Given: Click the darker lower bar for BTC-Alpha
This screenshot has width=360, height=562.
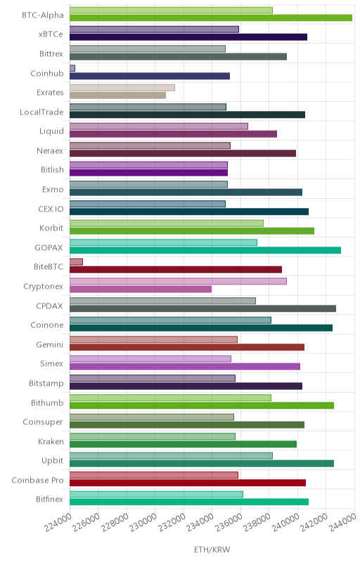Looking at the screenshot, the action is [211, 18].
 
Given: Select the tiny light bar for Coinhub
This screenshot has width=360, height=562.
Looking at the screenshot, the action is [72, 68].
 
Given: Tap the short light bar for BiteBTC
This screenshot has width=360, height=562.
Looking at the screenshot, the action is [76, 261].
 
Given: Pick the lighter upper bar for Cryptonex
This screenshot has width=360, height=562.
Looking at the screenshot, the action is [178, 281].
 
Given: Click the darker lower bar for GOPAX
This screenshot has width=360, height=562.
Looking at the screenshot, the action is [205, 250].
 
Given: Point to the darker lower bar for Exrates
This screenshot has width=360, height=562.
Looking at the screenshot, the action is [117, 96].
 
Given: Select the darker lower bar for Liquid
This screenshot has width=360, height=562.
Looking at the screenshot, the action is [173, 134].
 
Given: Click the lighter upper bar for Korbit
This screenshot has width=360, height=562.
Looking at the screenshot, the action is [167, 223].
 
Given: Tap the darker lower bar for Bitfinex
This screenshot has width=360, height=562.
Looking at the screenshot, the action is [189, 502].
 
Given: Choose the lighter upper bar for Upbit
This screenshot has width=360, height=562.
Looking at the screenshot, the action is [171, 455].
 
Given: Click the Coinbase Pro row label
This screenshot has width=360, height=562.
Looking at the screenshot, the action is [37, 480].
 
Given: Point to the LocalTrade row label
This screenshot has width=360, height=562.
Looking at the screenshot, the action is [41, 112].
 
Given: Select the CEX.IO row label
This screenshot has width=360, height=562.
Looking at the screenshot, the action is [51, 209].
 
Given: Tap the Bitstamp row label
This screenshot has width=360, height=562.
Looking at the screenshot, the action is [46, 383].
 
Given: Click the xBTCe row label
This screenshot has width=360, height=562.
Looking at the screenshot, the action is [51, 34].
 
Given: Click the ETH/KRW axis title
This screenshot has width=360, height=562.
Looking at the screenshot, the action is [212, 549].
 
